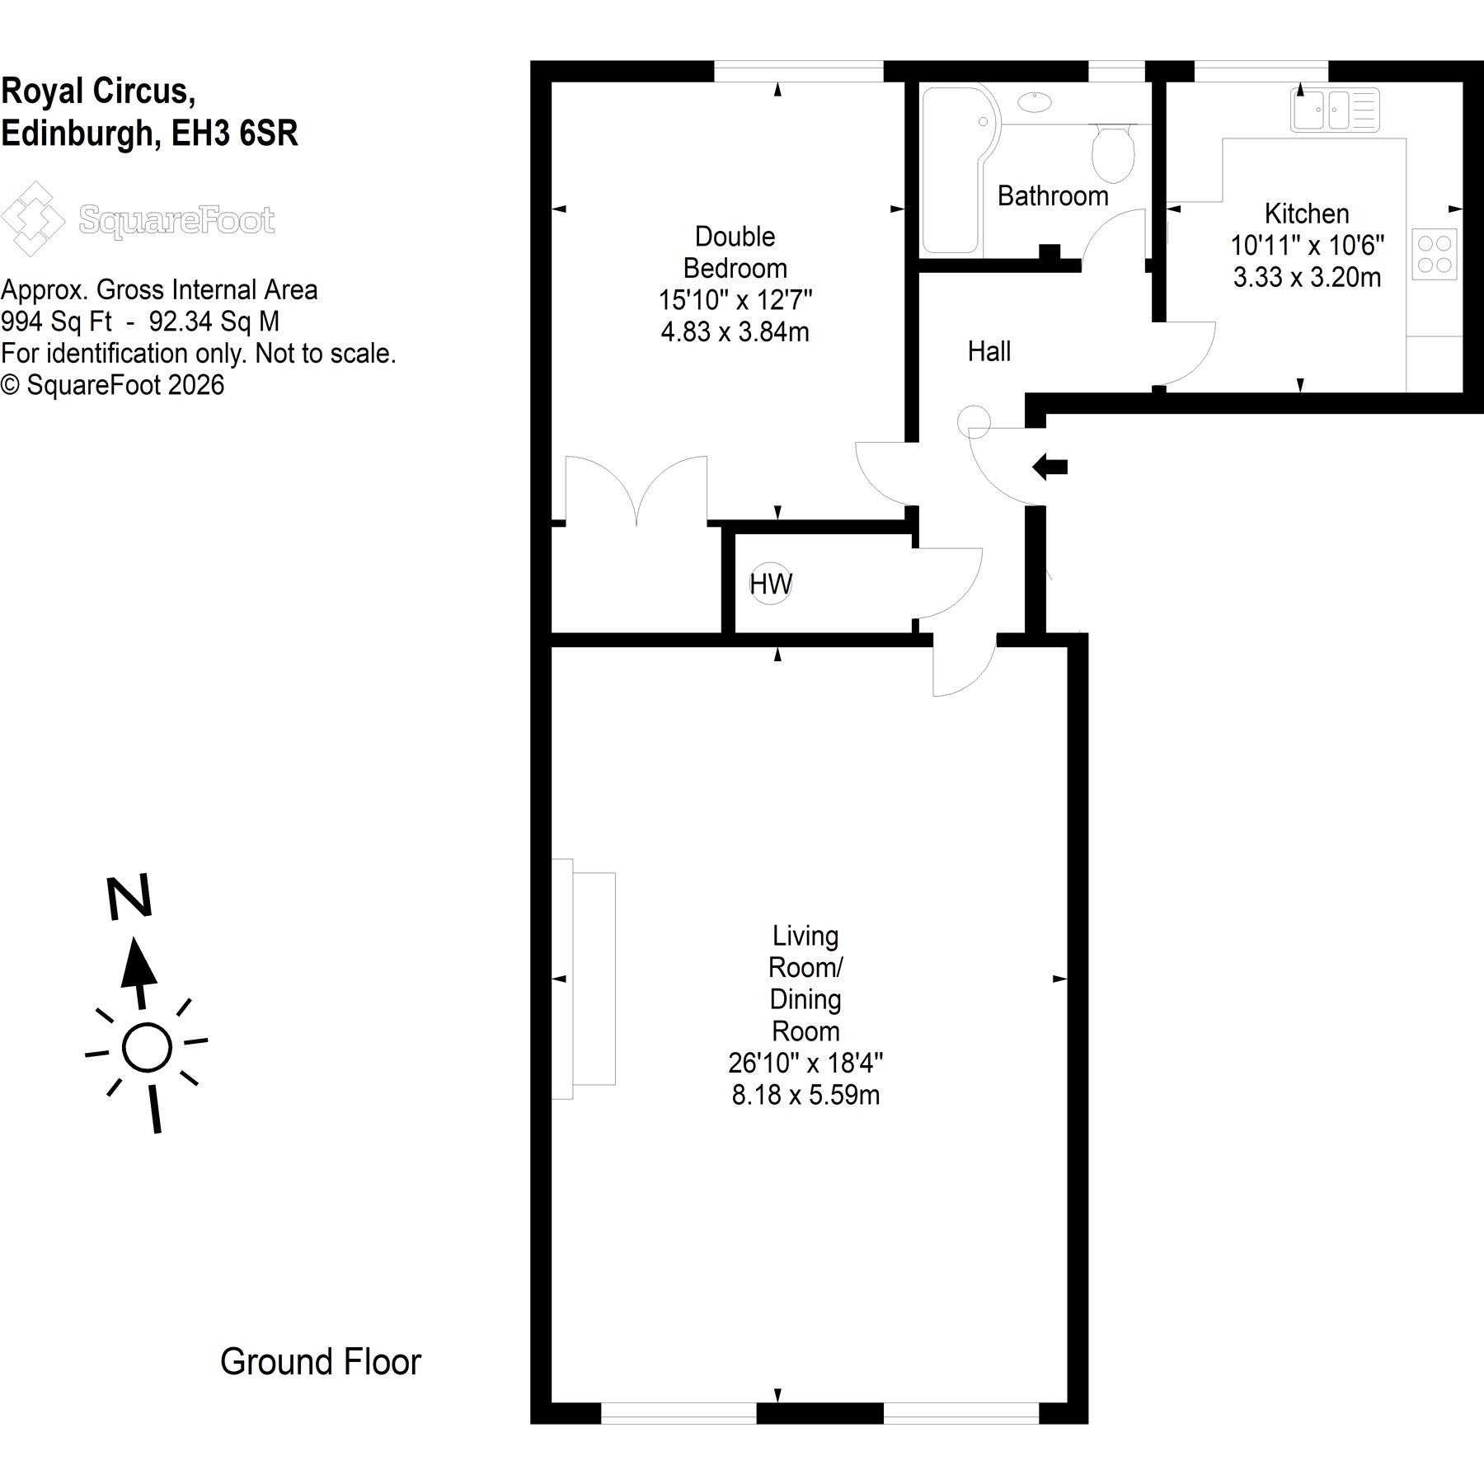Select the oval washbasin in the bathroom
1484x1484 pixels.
pyautogui.click(x=1035, y=102)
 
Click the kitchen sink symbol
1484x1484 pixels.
pyautogui.click(x=1335, y=110)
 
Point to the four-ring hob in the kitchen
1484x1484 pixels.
pyautogui.click(x=1435, y=254)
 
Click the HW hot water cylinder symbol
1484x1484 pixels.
pyautogui.click(x=771, y=585)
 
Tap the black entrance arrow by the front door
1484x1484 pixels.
pyautogui.click(x=1050, y=467)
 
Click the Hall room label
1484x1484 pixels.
pyautogui.click(x=989, y=352)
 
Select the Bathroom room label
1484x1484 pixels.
pyautogui.click(x=1053, y=196)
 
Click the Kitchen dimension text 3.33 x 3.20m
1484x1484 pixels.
pyautogui.click(x=1307, y=278)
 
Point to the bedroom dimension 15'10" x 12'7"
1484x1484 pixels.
pyautogui.click(x=735, y=300)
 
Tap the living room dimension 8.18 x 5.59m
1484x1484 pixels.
pyautogui.click(x=805, y=1096)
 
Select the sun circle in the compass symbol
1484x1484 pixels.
pyautogui.click(x=147, y=1048)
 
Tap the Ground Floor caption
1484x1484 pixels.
pyautogui.click(x=321, y=1362)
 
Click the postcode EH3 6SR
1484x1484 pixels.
pyautogui.click(x=234, y=133)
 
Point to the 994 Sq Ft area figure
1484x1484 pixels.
pyautogui.click(x=57, y=321)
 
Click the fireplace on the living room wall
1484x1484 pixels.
pyautogui.click(x=583, y=979)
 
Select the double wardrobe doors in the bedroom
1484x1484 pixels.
pyautogui.click(x=636, y=490)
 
